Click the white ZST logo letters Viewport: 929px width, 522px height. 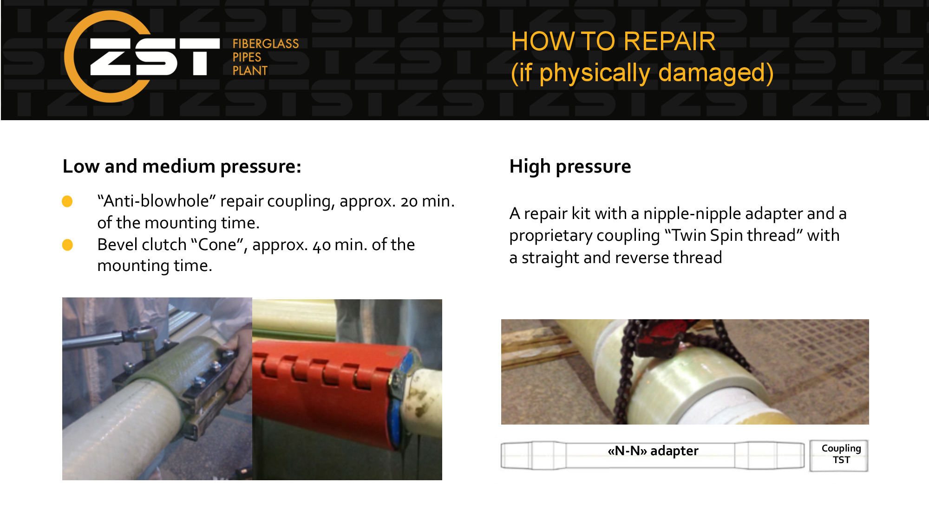coord(155,57)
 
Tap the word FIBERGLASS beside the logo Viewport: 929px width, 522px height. coord(266,44)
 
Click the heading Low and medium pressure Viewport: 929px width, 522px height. coord(182,166)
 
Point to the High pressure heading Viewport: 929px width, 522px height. coord(570,166)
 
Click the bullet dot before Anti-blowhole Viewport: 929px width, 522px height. coord(67,201)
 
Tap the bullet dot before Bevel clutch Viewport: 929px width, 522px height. coord(67,245)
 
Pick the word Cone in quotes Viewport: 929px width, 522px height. coord(217,245)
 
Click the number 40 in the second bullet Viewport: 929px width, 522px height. coord(321,245)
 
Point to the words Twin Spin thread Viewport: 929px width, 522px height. coord(734,235)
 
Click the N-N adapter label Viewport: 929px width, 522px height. coord(653,451)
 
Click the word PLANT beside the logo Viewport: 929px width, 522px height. coord(250,71)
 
